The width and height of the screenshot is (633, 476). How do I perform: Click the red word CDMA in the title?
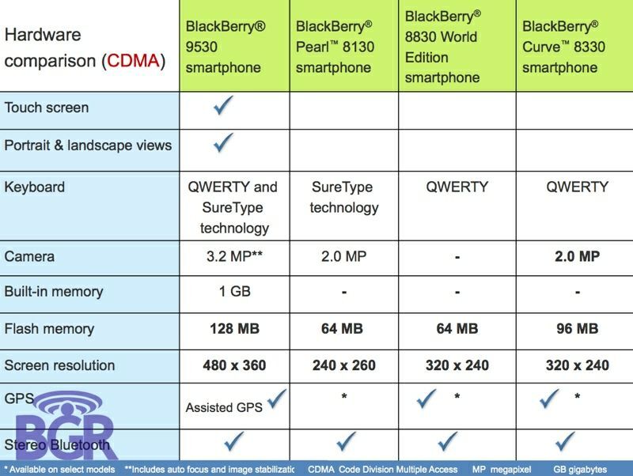click(x=132, y=61)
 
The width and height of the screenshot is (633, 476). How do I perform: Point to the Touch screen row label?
click(x=47, y=108)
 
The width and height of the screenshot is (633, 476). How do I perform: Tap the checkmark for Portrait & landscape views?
click(x=225, y=143)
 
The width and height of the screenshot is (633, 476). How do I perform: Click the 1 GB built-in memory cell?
click(x=234, y=291)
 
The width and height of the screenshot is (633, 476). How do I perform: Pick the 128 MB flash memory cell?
click(x=234, y=328)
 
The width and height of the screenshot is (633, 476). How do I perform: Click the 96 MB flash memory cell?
click(x=577, y=328)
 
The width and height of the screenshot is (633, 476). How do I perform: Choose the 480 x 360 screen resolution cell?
click(x=234, y=365)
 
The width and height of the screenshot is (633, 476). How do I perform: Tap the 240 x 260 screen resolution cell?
click(x=343, y=365)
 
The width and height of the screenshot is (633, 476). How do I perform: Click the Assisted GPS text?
click(x=225, y=408)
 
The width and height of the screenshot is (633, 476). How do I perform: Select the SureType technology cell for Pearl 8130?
click(x=343, y=198)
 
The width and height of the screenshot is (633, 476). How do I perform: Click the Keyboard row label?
click(x=35, y=187)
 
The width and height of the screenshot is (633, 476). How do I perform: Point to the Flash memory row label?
click(x=49, y=328)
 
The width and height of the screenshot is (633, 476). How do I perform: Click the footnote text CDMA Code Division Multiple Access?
click(x=383, y=469)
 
